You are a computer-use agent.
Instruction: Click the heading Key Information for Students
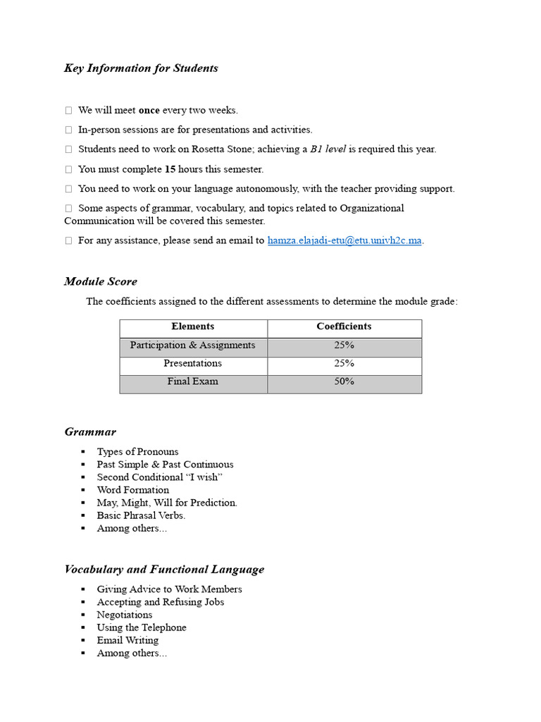pos(141,68)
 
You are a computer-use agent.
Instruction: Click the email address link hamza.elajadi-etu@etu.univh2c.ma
pos(344,240)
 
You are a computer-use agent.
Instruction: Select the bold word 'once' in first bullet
pos(149,111)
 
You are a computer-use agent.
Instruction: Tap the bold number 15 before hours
pos(170,169)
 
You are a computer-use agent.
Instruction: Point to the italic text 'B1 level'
pos(328,149)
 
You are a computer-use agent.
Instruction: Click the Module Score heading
pos(101,281)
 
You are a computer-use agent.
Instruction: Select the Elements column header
pos(193,327)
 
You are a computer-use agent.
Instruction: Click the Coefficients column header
pos(344,327)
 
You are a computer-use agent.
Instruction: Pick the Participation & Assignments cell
pos(193,345)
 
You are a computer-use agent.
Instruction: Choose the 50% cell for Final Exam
pos(344,381)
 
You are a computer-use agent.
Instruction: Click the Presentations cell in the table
pos(193,364)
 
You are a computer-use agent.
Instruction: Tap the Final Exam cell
pos(193,381)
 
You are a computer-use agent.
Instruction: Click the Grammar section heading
pos(90,432)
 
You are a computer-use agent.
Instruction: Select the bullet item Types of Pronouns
pos(137,452)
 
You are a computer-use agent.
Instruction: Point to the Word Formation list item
pos(133,490)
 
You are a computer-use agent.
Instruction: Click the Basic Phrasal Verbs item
pos(141,515)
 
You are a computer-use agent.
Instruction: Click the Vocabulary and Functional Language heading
pos(164,569)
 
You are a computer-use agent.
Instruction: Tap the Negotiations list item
pos(125,615)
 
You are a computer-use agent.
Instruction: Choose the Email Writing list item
pos(128,640)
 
